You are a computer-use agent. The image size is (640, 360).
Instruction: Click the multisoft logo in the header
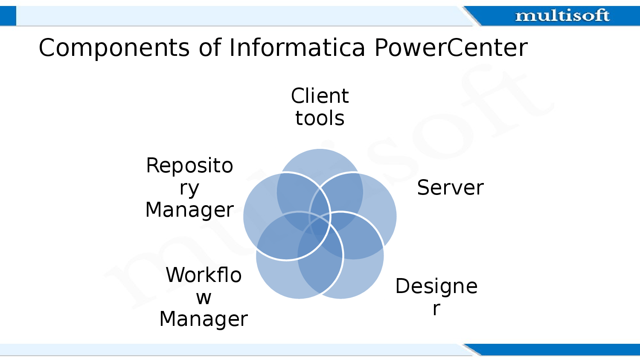click(562, 16)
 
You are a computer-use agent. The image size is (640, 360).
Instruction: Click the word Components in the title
click(114, 48)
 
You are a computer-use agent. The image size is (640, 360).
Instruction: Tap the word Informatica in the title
click(297, 47)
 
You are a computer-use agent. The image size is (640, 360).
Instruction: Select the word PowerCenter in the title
click(451, 47)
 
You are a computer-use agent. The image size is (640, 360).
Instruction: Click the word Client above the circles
click(320, 96)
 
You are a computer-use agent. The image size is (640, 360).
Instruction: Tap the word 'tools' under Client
click(320, 118)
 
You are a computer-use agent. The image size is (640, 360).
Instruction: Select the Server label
click(450, 188)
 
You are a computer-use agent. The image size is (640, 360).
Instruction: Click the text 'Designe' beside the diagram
click(436, 286)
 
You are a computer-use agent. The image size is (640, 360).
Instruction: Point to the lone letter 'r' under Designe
click(436, 309)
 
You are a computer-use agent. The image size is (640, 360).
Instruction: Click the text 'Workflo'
click(204, 275)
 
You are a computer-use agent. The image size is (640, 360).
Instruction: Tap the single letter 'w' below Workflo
click(204, 298)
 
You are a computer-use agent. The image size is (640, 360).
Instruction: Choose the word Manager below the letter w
click(204, 319)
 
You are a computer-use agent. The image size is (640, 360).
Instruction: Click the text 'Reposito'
click(189, 165)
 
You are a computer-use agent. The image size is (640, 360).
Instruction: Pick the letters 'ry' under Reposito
click(189, 188)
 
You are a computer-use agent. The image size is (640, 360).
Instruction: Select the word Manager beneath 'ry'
click(189, 210)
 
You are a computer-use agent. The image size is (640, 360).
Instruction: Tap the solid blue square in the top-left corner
click(8, 16)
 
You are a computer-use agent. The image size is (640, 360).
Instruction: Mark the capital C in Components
click(48, 48)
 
